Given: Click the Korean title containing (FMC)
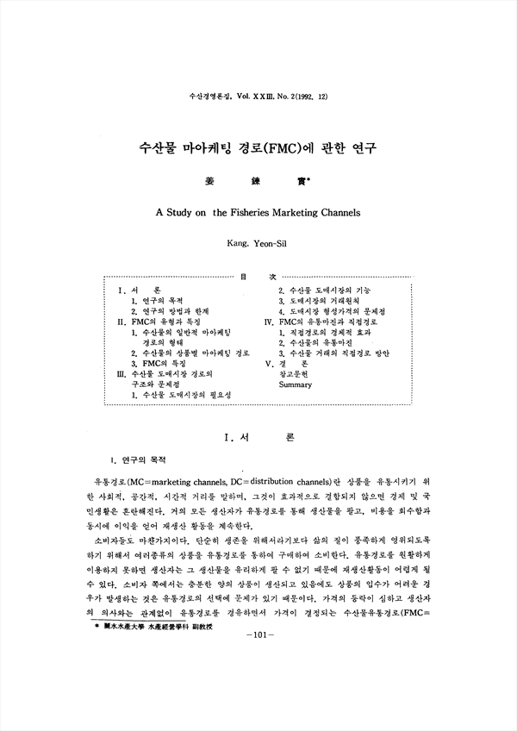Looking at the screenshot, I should tap(258, 147).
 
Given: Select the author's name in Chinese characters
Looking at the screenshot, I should tap(258, 183).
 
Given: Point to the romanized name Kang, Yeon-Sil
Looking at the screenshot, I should tap(258, 245).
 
